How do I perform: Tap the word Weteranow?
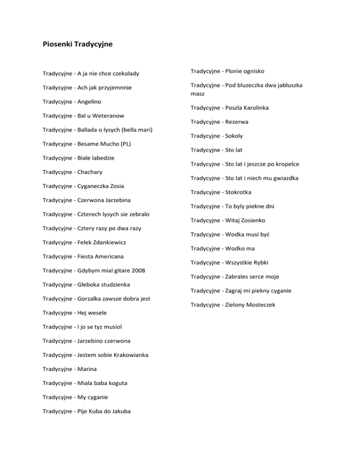click(108, 115)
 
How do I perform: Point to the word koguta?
click(117, 383)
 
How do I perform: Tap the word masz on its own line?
click(197, 94)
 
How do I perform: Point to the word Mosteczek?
click(266, 305)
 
